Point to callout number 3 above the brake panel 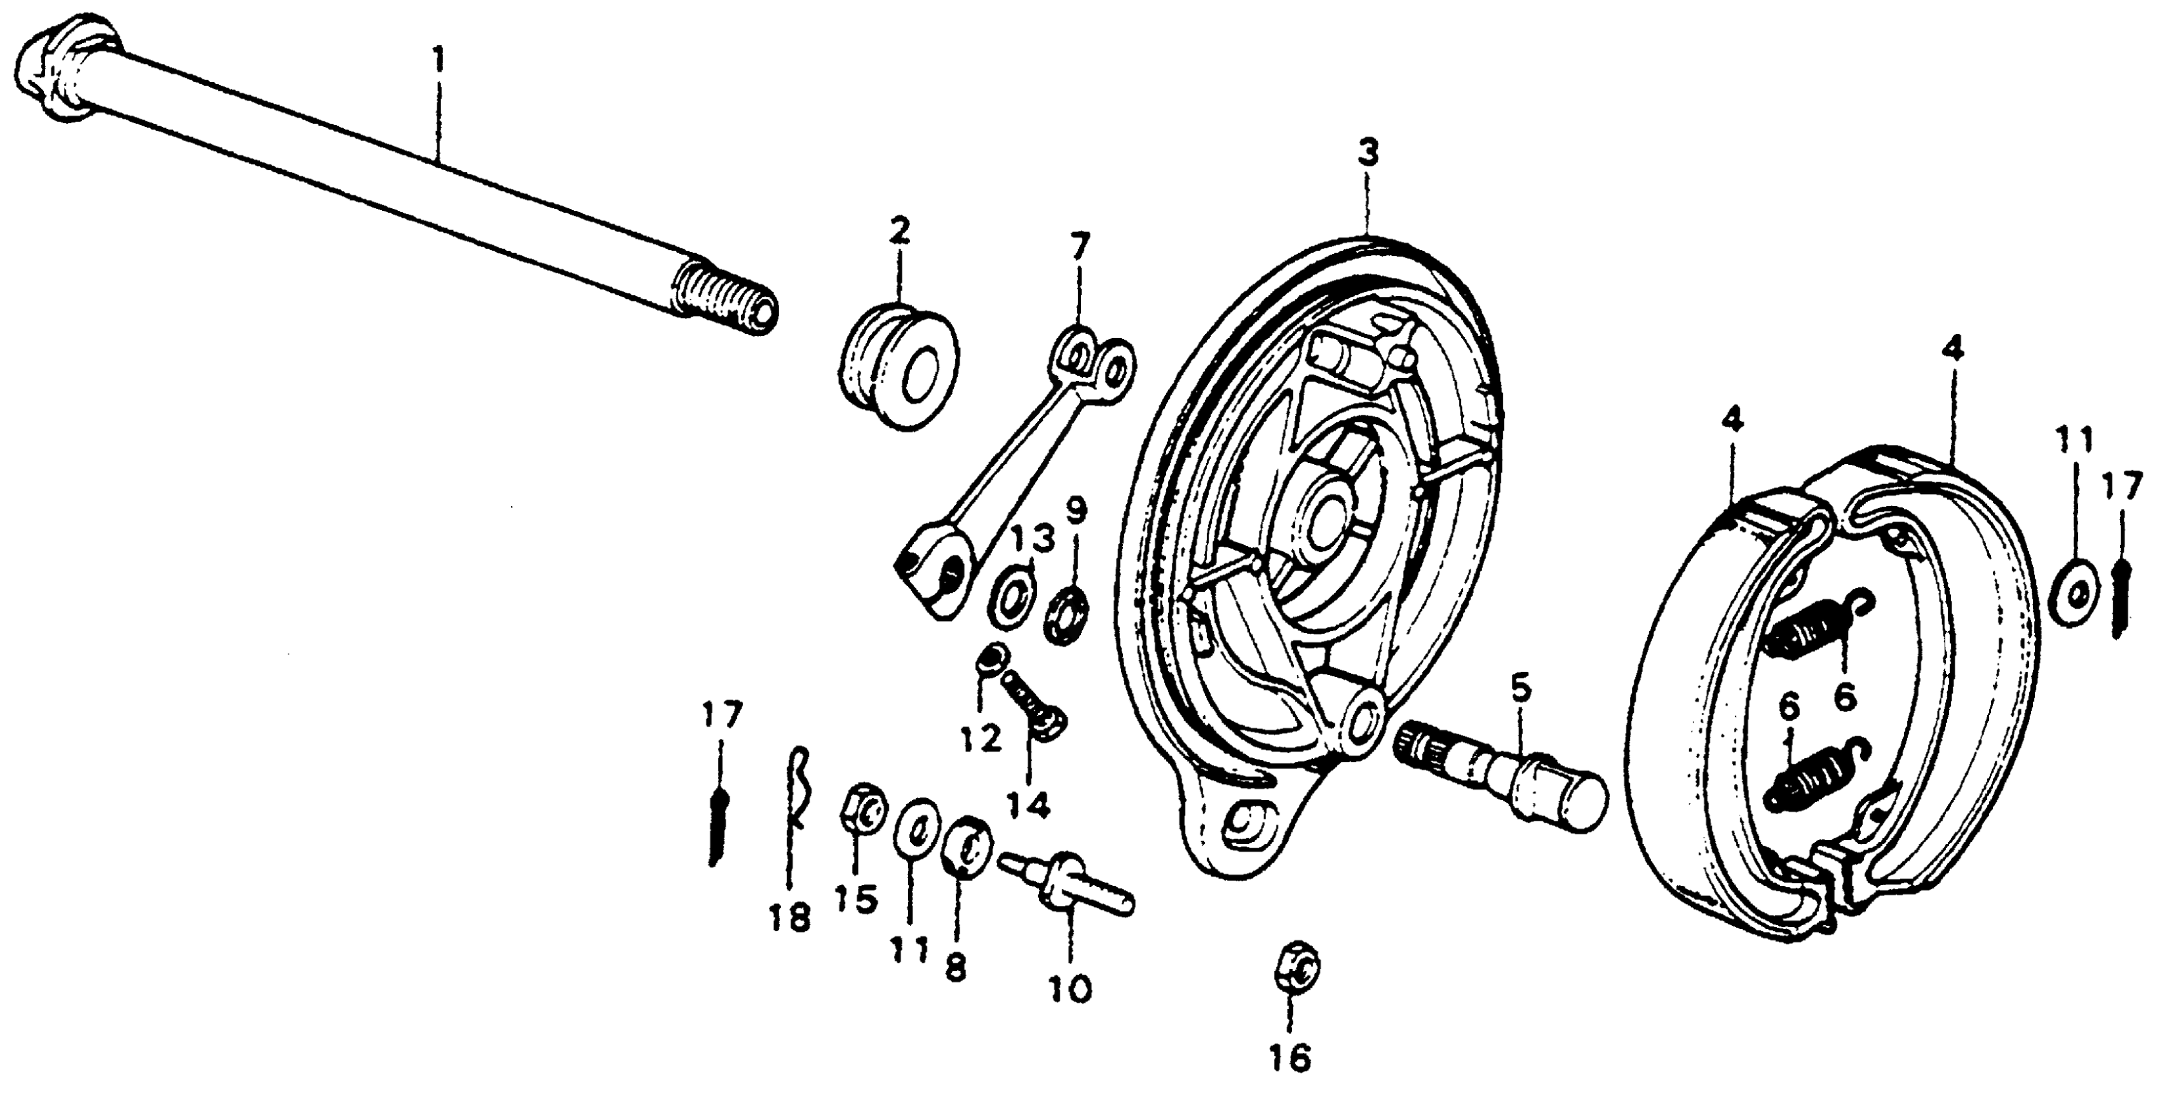coord(1368,155)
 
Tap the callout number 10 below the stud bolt coord(1070,987)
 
